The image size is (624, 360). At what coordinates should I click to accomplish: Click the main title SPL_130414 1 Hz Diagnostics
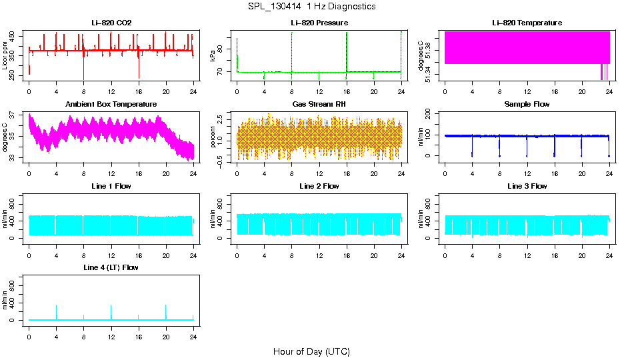point(311,7)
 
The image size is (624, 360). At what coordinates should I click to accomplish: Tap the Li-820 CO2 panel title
point(111,23)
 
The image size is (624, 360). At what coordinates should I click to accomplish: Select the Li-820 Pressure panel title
point(319,23)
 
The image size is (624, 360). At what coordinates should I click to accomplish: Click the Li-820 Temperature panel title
point(527,23)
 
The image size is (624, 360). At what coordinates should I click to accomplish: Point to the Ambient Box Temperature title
point(111,105)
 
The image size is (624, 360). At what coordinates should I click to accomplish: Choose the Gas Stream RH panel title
point(319,105)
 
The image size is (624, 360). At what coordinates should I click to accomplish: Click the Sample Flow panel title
point(527,105)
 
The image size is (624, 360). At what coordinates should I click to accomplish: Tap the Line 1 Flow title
point(111,186)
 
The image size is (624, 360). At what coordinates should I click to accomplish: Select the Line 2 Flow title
point(319,186)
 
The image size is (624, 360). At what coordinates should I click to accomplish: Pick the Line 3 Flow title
point(527,186)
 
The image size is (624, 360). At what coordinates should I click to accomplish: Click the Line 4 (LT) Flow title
point(111,267)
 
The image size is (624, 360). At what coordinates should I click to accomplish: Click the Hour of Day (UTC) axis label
point(311,351)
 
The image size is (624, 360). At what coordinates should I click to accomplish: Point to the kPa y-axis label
point(212,56)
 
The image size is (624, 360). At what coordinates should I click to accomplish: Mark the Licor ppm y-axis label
point(5,56)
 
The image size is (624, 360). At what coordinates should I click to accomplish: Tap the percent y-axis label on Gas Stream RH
point(212,137)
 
